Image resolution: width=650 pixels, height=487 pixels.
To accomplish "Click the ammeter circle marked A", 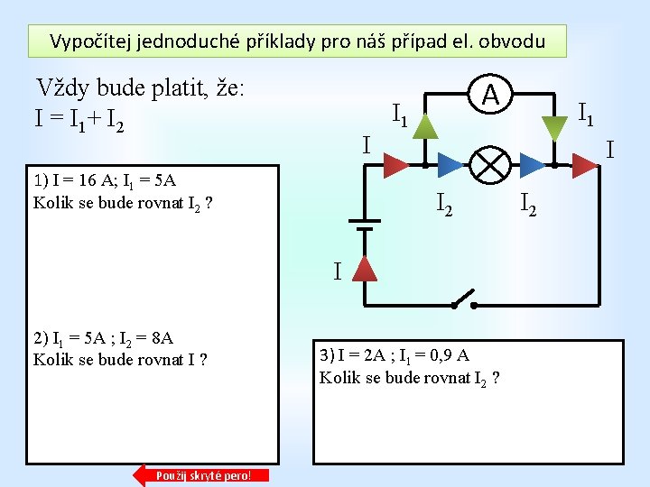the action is [x=489, y=94].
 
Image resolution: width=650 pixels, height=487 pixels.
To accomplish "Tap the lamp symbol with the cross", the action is [x=489, y=163].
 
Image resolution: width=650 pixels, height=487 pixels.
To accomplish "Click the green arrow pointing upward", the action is [x=424, y=126].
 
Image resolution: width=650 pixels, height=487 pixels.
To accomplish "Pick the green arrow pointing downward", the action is [x=552, y=127].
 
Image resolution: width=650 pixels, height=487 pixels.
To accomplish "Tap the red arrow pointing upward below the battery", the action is [x=364, y=268].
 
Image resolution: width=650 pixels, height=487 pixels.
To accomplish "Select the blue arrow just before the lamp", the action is [x=449, y=163].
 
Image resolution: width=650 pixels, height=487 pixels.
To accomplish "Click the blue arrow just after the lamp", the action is [x=533, y=163].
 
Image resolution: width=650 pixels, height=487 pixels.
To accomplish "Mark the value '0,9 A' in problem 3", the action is [x=448, y=355].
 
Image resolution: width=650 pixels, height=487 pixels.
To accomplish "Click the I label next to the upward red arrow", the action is [x=337, y=271].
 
